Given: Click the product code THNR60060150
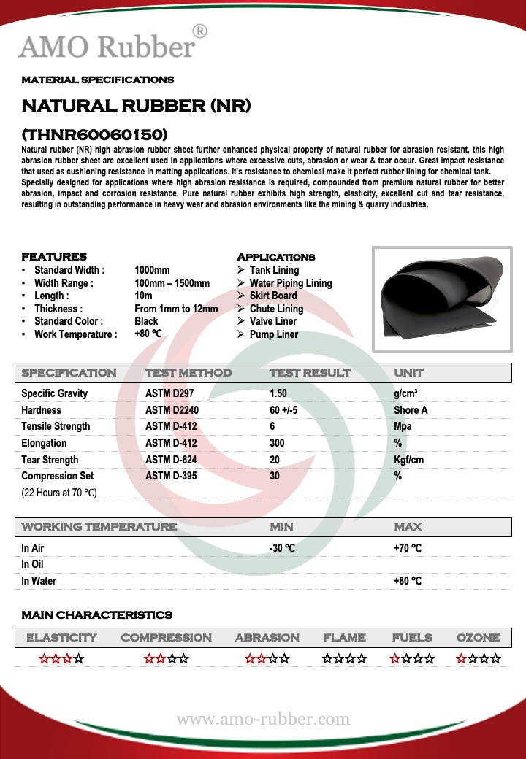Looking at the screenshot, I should coord(95,134).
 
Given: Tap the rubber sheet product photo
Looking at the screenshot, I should coord(442,299).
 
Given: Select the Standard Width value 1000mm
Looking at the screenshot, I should coord(152,270).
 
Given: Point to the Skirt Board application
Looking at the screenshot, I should coord(272,296).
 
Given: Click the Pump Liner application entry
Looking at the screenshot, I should coord(273,334).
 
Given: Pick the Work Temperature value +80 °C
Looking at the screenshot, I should coord(148,334).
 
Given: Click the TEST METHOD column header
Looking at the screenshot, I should coord(188,373).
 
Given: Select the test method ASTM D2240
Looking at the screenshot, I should coord(172,410).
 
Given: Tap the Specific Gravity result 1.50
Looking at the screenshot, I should coord(278,393).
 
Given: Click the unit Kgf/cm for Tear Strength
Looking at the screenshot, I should coord(410,460).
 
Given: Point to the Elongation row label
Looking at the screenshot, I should coord(44,443).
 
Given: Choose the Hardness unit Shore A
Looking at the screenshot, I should coord(411,410).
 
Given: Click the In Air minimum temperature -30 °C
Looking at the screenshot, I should coord(283,548).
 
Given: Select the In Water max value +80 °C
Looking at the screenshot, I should coord(408,581).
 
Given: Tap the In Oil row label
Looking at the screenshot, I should coord(32,564).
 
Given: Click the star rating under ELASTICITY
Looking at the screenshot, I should coord(61,659).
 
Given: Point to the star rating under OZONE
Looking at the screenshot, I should coord(479,659).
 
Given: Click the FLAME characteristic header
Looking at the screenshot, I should coord(344,637).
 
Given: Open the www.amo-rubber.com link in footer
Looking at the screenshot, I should coord(263,720).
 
